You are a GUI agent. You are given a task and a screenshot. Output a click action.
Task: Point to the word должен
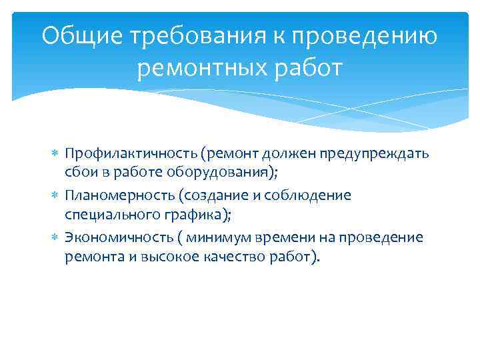(x=292, y=154)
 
